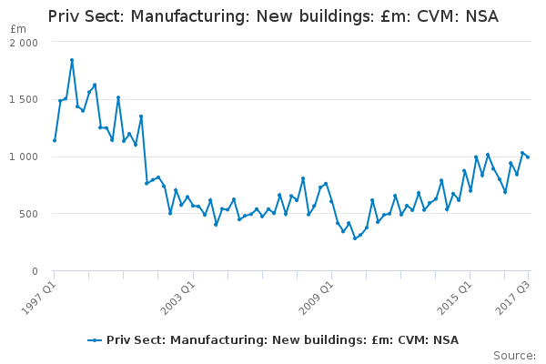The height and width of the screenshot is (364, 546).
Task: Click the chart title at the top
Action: coord(273,16)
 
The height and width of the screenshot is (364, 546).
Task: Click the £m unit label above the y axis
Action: coord(18,29)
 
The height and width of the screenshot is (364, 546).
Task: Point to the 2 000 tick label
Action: coord(24,43)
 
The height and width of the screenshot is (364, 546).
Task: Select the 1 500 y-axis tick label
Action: coord(24,99)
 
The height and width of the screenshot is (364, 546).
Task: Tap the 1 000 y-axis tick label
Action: coord(24,157)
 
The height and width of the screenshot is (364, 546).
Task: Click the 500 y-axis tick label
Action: coord(28,214)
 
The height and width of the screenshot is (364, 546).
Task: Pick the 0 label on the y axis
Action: coord(35,271)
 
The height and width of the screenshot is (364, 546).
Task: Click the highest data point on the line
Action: coord(72,60)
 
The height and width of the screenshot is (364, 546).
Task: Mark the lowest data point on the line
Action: coord(355,238)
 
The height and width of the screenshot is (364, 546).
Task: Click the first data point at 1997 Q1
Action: coord(55,141)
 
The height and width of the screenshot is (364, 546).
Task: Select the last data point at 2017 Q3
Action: coord(528,157)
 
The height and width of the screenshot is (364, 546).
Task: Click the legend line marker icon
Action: coord(95,340)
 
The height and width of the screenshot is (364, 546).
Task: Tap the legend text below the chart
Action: coord(282,340)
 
